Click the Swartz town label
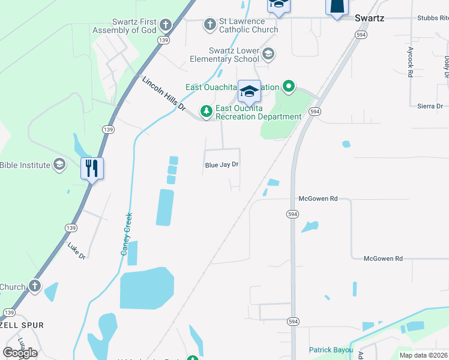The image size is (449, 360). pyautogui.click(x=369, y=18)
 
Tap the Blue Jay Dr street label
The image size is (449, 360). pyautogui.click(x=221, y=164)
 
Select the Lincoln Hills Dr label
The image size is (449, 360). pyautogui.click(x=164, y=94)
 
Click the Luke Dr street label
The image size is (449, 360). pyautogui.click(x=77, y=251)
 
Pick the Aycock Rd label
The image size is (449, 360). pyautogui.click(x=411, y=62)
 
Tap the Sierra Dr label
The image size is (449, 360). pyautogui.click(x=429, y=106)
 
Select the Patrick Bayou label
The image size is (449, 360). pyautogui.click(x=329, y=350)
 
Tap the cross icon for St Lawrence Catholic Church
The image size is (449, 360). pyautogui.click(x=209, y=25)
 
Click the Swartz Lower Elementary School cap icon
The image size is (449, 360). pyautogui.click(x=268, y=55)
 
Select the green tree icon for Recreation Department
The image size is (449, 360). pyautogui.click(x=206, y=112)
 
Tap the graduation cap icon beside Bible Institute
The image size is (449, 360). pyautogui.click(x=59, y=164)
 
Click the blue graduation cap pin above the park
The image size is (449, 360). pyautogui.click(x=249, y=92)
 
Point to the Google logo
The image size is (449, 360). pyautogui.click(x=20, y=353)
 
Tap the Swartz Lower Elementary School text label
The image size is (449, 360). pyautogui.click(x=234, y=55)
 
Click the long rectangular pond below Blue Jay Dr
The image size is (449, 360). pyautogui.click(x=164, y=208)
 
